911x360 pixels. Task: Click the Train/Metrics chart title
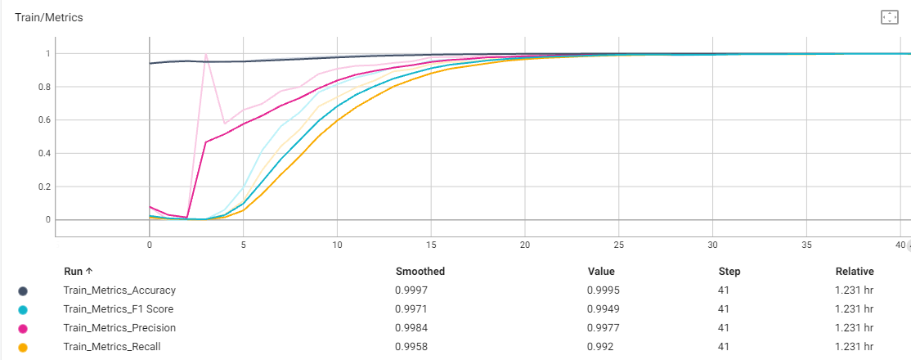point(49,17)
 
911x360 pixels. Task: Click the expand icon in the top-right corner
point(889,17)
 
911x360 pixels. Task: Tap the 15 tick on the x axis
point(431,245)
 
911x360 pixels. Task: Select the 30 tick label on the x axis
point(713,245)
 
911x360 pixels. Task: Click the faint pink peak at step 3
point(205,55)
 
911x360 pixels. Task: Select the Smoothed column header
point(420,272)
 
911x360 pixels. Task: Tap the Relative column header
point(854,272)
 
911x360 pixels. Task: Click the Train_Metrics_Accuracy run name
point(119,290)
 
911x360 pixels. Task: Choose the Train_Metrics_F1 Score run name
point(118,309)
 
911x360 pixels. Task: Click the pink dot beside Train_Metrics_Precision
point(23,328)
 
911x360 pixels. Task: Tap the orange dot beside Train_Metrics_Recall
point(23,347)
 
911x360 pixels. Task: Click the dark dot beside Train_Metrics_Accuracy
point(23,290)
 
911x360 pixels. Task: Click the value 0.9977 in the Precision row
point(602,328)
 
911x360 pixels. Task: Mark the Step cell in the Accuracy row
point(724,290)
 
